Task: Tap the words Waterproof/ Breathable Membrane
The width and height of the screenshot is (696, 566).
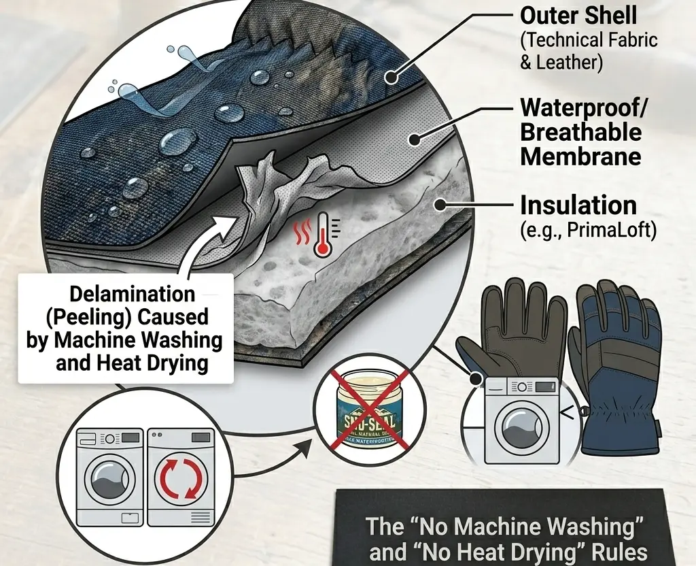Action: tap(580, 131)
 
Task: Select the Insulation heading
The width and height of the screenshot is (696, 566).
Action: tap(578, 205)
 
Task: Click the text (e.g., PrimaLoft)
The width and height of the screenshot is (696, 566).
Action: tap(589, 231)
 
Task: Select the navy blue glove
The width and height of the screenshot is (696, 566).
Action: tap(616, 367)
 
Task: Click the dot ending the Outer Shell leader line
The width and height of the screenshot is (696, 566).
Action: tap(390, 78)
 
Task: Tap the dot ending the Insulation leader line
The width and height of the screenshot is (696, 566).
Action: tap(440, 203)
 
